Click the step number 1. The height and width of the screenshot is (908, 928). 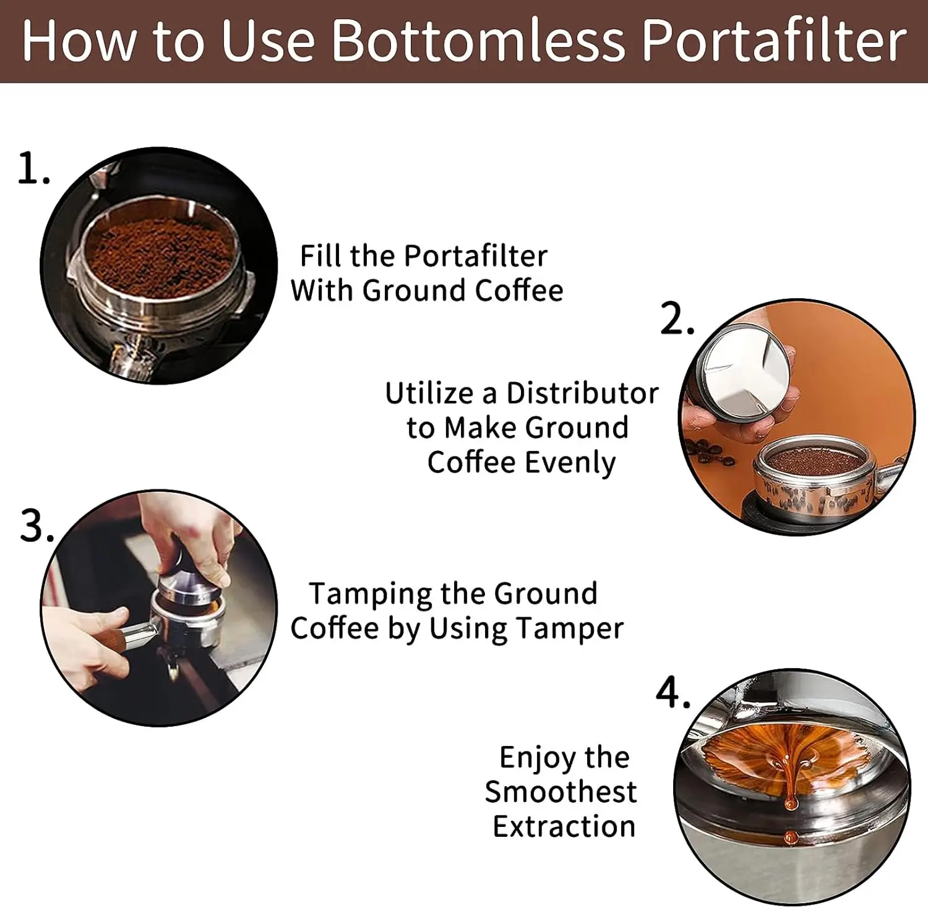33,169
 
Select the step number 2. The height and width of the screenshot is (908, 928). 677,319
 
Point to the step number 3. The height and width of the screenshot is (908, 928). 37,528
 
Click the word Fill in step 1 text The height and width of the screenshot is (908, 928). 319,255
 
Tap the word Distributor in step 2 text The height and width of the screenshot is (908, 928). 582,393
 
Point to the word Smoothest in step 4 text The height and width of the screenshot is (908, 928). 561,792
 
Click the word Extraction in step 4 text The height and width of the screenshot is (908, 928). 564,826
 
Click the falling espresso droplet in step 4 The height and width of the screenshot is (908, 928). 791,838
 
